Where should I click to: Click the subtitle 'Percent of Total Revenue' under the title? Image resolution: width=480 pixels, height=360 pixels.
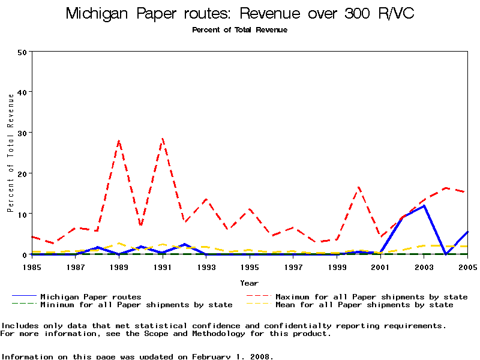[239, 30]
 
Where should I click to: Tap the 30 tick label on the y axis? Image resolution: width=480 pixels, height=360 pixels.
[22, 133]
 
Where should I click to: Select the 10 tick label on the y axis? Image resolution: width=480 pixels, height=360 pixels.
[22, 214]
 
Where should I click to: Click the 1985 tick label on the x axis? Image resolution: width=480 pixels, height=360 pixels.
[32, 266]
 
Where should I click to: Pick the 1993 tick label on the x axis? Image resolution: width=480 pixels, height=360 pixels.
[206, 266]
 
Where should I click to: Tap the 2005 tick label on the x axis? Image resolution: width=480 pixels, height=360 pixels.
[467, 266]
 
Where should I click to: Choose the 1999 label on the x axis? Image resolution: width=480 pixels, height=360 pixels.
[337, 266]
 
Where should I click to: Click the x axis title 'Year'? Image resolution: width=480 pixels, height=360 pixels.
[249, 283]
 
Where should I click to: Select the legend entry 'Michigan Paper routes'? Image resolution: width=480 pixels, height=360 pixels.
[91, 296]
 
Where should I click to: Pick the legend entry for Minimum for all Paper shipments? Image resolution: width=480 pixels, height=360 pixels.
[136, 305]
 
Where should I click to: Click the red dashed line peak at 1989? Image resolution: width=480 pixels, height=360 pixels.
[119, 140]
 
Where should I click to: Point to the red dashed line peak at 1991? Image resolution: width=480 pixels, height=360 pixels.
[163, 139]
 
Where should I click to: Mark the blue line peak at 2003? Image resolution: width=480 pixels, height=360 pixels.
[424, 206]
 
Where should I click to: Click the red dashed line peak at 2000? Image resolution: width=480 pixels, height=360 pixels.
[359, 187]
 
